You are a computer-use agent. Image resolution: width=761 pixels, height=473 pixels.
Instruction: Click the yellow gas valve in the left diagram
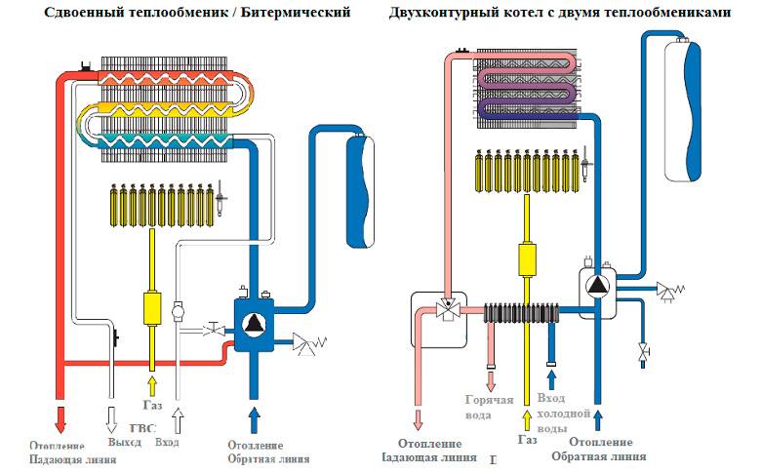pyautogui.click(x=152, y=306)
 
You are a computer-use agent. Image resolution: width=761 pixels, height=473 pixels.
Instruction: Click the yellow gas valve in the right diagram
pyautogui.click(x=528, y=258)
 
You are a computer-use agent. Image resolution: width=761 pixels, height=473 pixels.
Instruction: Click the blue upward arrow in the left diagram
pyautogui.click(x=254, y=417)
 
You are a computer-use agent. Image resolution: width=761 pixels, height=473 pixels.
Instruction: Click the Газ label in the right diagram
pyautogui.click(x=527, y=440)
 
